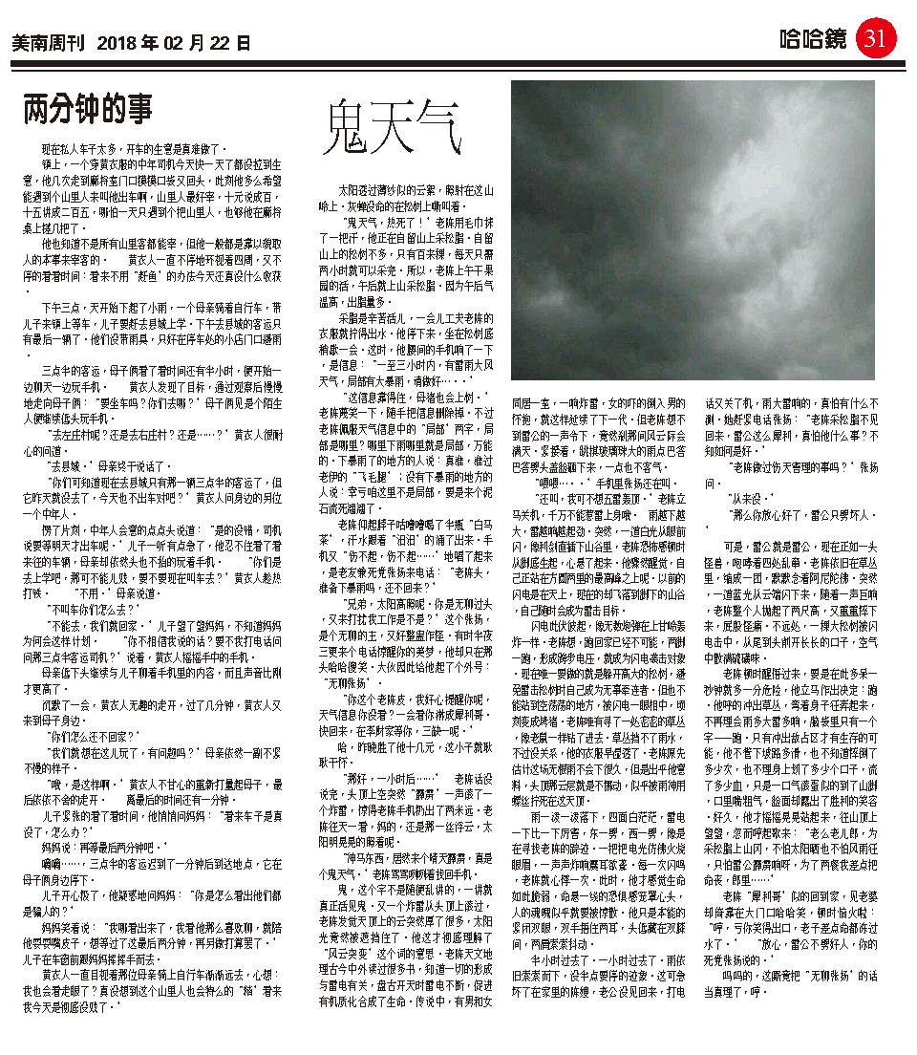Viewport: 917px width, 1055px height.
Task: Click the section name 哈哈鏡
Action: click(x=812, y=39)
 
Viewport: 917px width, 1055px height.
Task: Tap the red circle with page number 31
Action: click(x=875, y=38)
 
